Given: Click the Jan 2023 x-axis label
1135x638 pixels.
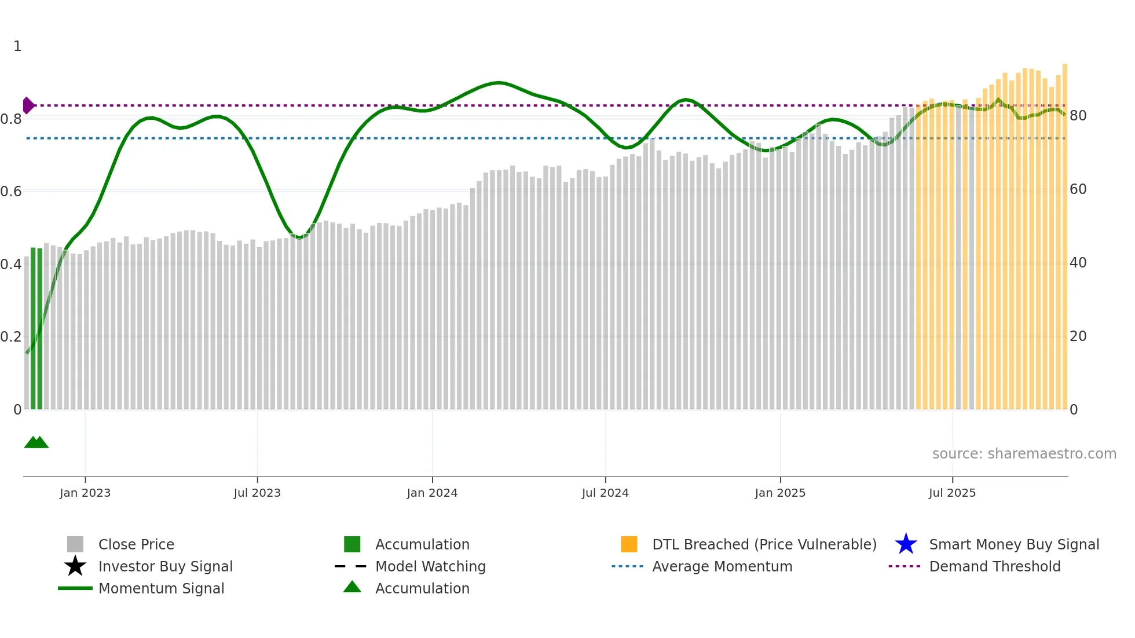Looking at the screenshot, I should pyautogui.click(x=85, y=493).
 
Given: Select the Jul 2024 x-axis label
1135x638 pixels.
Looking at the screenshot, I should pyautogui.click(x=605, y=493).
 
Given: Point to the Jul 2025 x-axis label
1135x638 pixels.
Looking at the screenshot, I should pyautogui.click(x=952, y=493).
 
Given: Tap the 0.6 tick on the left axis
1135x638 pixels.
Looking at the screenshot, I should pyautogui.click(x=11, y=192).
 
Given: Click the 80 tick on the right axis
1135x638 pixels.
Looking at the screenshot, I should pyautogui.click(x=1078, y=116).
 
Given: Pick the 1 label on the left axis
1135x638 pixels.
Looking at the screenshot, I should pyautogui.click(x=17, y=46).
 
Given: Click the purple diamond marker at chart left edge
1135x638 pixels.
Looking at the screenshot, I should pyautogui.click(x=28, y=105).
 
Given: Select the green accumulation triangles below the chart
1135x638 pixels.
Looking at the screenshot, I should pyautogui.click(x=36, y=442).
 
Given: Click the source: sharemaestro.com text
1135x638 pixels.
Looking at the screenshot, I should pyautogui.click(x=1024, y=454).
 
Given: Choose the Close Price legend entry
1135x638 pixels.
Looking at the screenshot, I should pyautogui.click(x=136, y=544).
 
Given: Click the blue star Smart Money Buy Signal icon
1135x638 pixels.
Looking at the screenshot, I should pyautogui.click(x=906, y=544).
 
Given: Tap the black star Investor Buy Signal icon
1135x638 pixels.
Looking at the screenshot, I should pyautogui.click(x=75, y=566).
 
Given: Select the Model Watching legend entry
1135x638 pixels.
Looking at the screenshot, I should pyautogui.click(x=430, y=566).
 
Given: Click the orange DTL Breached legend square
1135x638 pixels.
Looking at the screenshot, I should pyautogui.click(x=629, y=544).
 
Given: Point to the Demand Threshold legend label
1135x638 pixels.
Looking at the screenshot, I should pyautogui.click(x=994, y=566).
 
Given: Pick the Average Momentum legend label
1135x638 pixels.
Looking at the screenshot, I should pyautogui.click(x=722, y=566).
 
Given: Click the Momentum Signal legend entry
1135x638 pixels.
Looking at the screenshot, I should pyautogui.click(x=161, y=588).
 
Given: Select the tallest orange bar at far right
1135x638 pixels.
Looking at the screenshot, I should pyautogui.click(x=1064, y=232).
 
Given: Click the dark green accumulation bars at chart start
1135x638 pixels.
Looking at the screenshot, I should pyautogui.click(x=36, y=330).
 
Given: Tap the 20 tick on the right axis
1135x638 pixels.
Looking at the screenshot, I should pyautogui.click(x=1078, y=336).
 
